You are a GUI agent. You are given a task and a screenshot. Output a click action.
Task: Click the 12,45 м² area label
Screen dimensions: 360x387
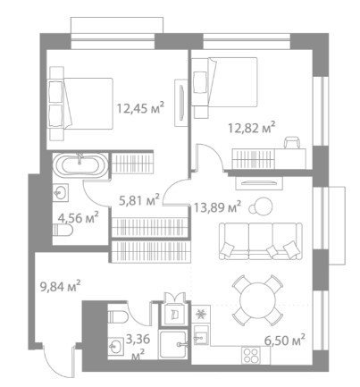140,108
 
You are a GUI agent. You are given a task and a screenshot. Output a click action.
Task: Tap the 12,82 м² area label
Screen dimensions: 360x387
251,128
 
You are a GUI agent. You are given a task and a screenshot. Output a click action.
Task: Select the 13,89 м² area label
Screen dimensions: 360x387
217,206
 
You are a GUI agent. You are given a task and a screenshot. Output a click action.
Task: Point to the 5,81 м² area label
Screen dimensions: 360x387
139,200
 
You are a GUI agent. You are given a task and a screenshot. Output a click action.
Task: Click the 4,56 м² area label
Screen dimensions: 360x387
79,218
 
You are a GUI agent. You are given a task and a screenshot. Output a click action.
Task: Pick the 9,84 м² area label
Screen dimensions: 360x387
61,287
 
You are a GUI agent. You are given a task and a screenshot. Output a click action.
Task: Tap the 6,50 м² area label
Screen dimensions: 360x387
285,340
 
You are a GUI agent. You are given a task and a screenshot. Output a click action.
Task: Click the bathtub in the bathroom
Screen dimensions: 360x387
80,165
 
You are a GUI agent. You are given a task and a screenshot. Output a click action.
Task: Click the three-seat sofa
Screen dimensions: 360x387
261,240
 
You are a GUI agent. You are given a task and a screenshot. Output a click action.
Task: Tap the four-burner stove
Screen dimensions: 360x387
251,355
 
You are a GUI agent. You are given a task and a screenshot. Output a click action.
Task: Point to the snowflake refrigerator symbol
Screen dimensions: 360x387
201,314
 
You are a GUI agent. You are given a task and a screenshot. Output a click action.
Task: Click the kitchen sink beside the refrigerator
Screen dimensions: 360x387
201,335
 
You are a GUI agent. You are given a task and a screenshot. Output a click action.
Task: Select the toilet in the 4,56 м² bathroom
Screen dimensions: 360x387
63,230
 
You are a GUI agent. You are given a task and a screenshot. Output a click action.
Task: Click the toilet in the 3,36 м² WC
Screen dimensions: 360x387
118,316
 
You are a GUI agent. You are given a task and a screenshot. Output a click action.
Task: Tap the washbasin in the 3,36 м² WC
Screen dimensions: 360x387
115,346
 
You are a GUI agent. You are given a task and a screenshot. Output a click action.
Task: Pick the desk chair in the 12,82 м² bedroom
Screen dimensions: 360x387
292,142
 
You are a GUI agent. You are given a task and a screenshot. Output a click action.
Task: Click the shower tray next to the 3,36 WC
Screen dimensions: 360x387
173,345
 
